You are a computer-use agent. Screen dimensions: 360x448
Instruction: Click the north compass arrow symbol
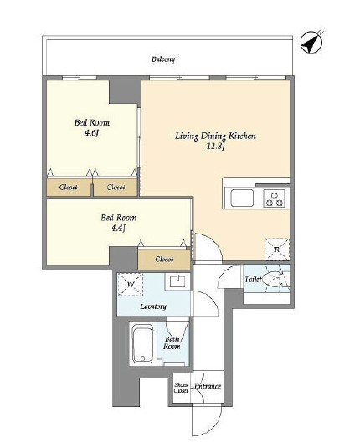311,42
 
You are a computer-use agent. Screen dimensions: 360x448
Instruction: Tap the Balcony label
163,59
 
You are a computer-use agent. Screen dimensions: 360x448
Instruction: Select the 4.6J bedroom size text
91,133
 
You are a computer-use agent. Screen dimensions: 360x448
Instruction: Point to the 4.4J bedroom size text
118,228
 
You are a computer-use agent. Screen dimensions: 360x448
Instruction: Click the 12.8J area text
216,147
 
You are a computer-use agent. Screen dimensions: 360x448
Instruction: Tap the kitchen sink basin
242,198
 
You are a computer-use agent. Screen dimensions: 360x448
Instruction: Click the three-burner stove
275,198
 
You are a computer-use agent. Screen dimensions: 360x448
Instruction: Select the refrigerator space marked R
276,250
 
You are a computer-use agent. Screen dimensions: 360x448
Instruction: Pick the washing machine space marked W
131,285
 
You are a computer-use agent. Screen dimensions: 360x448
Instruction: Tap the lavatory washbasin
178,281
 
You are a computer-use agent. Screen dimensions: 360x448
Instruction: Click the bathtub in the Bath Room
143,345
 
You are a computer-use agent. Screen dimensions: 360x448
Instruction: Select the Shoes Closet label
181,388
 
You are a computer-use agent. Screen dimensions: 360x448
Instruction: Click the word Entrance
208,386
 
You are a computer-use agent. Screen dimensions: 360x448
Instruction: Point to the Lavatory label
153,306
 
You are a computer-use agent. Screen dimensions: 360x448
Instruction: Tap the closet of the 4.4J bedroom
164,259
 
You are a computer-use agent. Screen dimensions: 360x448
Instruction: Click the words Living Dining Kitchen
215,136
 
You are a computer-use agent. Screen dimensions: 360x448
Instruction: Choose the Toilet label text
253,279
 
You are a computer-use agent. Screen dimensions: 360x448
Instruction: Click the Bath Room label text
172,342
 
